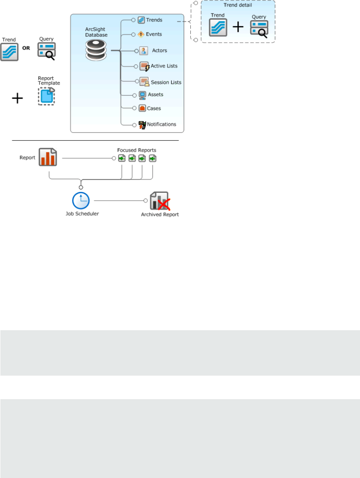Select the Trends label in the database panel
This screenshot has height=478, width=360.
[x=154, y=20]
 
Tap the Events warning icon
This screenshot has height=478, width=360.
[x=141, y=34]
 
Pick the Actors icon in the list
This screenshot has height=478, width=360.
[x=143, y=51]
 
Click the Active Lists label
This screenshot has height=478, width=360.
[x=164, y=66]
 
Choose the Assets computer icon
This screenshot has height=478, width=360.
[x=142, y=95]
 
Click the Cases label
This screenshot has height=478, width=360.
[x=154, y=109]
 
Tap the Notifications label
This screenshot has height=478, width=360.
[x=161, y=124]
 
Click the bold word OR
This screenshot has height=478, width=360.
[x=26, y=47]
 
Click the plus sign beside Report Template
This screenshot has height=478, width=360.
[x=17, y=98]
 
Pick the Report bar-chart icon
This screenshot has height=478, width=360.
[x=47, y=157]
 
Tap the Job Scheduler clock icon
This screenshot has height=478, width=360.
[x=81, y=201]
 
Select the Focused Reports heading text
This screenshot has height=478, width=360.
[x=137, y=149]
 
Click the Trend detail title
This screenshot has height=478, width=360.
[x=237, y=5]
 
